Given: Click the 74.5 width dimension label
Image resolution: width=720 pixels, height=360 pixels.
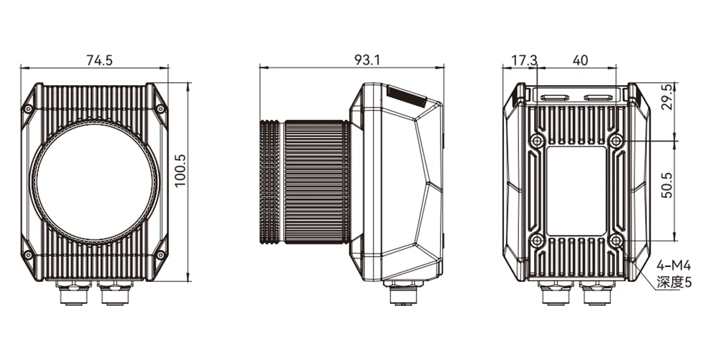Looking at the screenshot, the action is point(100,60).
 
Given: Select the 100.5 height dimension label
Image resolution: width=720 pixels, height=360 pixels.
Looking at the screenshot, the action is point(181,170).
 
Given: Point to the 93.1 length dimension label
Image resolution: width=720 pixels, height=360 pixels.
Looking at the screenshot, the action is point(367,60).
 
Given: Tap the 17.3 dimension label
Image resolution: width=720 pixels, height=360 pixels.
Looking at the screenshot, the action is point(524,60).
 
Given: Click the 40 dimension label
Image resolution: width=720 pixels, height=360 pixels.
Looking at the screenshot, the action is point(581,60).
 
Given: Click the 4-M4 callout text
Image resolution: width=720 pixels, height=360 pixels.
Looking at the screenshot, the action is point(674,266).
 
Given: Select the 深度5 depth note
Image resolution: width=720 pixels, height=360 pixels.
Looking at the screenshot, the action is point(674,283).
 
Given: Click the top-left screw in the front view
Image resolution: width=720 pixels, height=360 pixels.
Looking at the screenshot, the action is point(29,109).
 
